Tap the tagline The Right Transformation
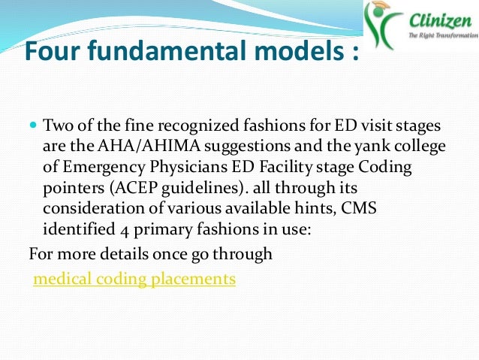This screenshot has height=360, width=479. [441, 35]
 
